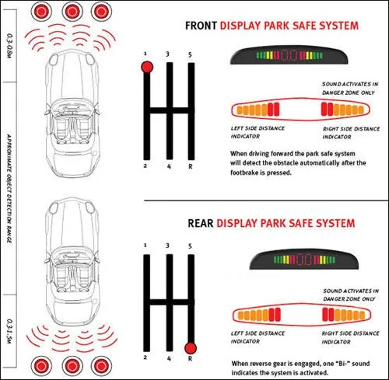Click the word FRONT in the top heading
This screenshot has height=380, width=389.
coord(201,26)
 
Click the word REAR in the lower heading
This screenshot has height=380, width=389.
coord(201,223)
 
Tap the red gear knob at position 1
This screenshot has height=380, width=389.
coord(147,68)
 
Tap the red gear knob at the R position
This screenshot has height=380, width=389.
coord(191,348)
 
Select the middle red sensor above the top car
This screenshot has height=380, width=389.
coord(72,12)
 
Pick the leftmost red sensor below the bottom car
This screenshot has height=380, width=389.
coord(41,366)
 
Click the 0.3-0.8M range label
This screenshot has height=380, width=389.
coord(9,46)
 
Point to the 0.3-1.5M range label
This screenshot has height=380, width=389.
coord(9,331)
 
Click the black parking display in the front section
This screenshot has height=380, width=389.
coord(289,55)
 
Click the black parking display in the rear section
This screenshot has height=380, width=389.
coord(304,260)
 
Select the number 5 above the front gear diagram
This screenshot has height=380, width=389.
coord(190,54)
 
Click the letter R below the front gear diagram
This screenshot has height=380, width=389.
coord(191,167)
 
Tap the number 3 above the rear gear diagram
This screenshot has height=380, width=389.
coord(167,246)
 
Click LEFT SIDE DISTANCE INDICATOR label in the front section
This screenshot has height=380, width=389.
coord(258,132)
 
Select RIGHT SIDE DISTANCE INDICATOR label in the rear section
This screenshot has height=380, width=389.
coord(350,337)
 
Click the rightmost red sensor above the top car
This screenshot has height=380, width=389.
coord(101,12)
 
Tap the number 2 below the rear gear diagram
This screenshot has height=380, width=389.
coord(145,357)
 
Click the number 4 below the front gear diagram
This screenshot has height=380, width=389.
coord(169,166)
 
